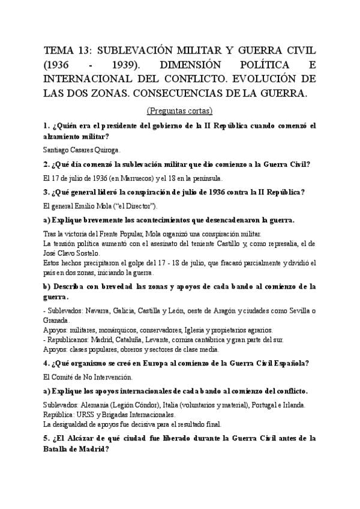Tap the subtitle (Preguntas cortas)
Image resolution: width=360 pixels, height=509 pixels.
click(179, 111)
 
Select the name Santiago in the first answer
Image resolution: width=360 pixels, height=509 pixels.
click(56, 150)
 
